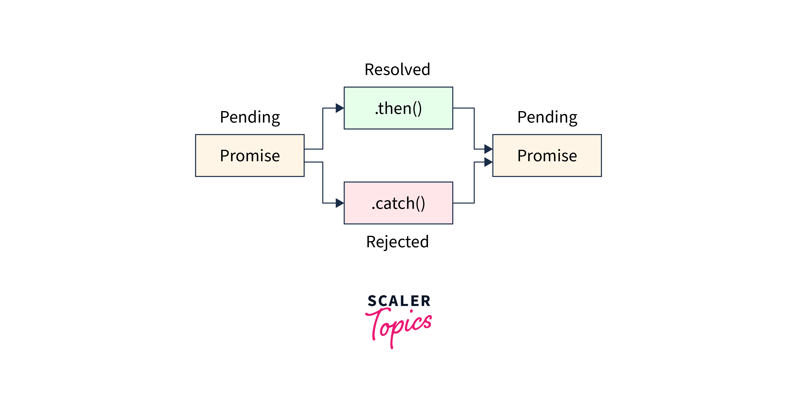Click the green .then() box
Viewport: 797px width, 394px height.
pyautogui.click(x=398, y=121)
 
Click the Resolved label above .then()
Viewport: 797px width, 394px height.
pyautogui.click(x=397, y=69)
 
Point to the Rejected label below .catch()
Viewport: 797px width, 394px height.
pyautogui.click(x=397, y=242)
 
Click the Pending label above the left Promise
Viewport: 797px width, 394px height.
pyautogui.click(x=250, y=117)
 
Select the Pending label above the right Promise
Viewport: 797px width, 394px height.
pyautogui.click(x=547, y=117)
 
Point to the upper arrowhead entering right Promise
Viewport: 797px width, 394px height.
pyautogui.click(x=488, y=149)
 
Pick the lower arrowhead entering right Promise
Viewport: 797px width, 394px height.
pyautogui.click(x=488, y=162)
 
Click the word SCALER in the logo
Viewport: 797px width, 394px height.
pyautogui.click(x=399, y=301)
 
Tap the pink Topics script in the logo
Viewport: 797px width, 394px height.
pyautogui.click(x=399, y=325)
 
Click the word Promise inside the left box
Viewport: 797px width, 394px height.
pyautogui.click(x=250, y=155)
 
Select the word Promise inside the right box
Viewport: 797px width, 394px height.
pyautogui.click(x=547, y=155)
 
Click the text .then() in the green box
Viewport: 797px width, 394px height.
pyautogui.click(x=398, y=108)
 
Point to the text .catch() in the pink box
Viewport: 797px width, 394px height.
pyautogui.click(x=398, y=203)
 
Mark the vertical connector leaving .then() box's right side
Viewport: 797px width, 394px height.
pyautogui.click(x=474, y=128)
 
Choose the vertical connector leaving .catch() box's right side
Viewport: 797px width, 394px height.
pyautogui.click(x=474, y=183)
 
